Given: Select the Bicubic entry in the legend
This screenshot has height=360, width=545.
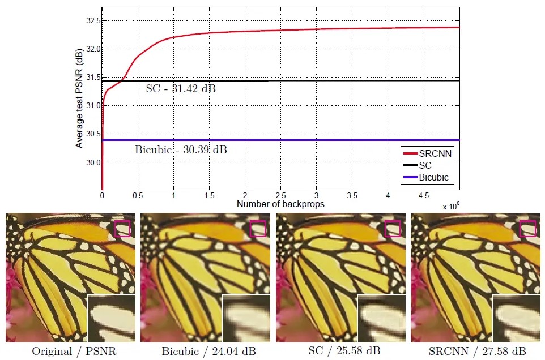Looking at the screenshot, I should tap(434, 177).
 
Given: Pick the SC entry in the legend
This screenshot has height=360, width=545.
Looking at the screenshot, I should tap(425, 166).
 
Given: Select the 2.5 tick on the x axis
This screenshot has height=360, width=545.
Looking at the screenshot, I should tap(280, 195).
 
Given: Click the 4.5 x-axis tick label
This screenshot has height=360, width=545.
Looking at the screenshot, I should tap(423, 195).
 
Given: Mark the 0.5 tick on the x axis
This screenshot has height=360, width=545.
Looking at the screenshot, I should tap(138, 195).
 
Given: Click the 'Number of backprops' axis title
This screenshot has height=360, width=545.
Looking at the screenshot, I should tap(280, 204).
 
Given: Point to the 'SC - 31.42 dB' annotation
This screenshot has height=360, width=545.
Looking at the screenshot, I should tap(181, 89).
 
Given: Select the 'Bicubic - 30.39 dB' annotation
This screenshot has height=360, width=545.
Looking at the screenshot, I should tap(181, 150).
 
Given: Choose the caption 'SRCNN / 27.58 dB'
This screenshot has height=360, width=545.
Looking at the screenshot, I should tap(477, 351).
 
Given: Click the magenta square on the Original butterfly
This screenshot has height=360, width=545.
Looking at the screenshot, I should tap(122, 229).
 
